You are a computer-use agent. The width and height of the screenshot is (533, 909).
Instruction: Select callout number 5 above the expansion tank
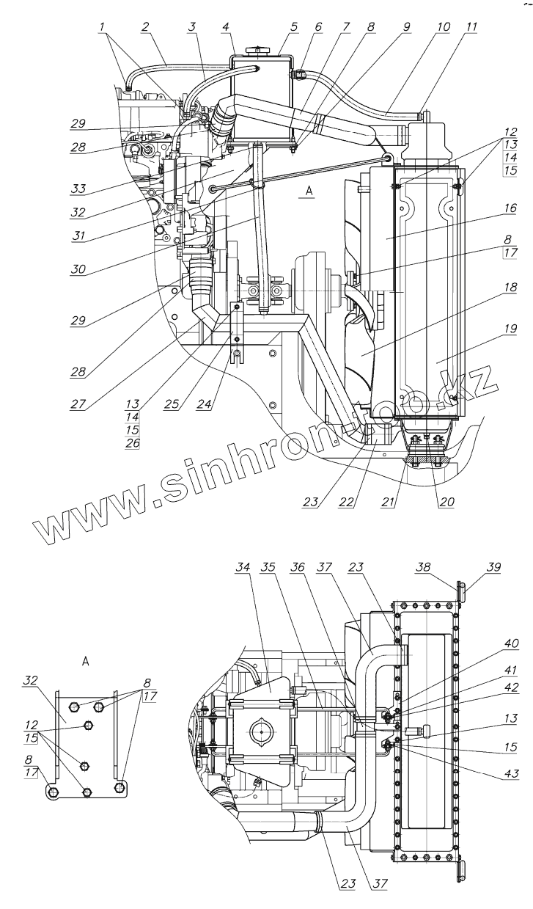pyautogui.click(x=295, y=26)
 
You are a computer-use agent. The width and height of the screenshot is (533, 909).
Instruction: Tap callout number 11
pyautogui.click(x=470, y=26)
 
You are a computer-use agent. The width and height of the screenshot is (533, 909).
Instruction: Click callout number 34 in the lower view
pyautogui.click(x=243, y=566)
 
